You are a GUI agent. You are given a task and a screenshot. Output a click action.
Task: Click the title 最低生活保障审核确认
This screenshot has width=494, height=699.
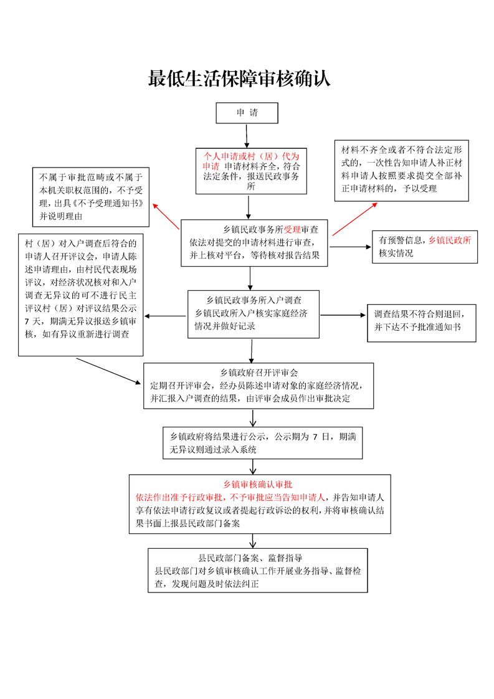pos(239,79)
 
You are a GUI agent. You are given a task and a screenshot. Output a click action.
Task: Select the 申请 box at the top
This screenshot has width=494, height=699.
pos(247,113)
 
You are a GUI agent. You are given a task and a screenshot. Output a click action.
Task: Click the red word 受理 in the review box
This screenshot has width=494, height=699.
pos(292,229)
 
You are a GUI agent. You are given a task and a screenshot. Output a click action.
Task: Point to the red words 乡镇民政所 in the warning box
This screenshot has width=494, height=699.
pos(450,240)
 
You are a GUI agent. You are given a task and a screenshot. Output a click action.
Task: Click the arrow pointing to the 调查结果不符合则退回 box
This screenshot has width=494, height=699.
pos(343,316)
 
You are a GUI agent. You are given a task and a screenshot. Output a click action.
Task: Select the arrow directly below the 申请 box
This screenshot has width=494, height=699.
pos(247,136)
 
